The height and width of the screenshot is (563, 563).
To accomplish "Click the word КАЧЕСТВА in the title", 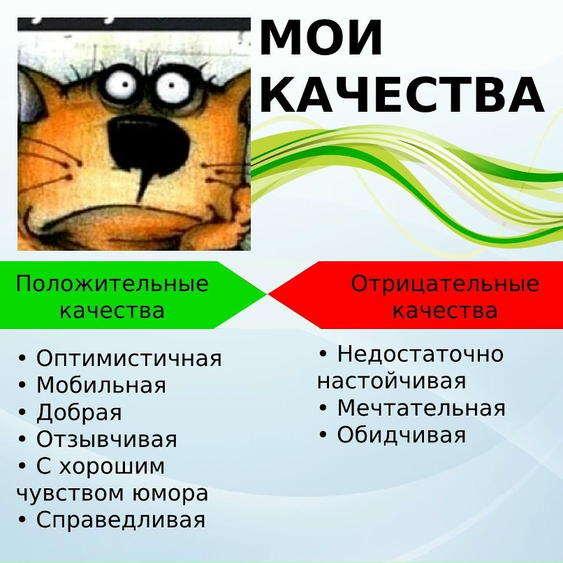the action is point(402,94).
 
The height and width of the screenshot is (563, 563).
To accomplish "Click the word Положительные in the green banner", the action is point(112,284).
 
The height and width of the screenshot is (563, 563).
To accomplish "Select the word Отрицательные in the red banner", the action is point(445,284).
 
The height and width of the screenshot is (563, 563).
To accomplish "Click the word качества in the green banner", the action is point(112,311).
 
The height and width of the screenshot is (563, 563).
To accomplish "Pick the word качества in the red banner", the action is point(445,311).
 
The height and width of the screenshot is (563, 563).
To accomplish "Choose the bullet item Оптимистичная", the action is point(129,358).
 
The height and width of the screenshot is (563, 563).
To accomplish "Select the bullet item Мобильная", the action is point(101,386).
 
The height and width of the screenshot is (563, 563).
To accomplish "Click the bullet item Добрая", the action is point(80,413).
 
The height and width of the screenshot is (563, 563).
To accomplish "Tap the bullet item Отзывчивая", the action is point(107,439).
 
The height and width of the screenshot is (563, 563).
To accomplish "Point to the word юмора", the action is point(170,494).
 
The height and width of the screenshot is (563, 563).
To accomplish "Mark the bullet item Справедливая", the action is point(121,520).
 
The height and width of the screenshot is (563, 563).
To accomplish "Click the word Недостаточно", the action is point(421,354).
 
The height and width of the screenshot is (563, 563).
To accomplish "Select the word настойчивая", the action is point(391,381).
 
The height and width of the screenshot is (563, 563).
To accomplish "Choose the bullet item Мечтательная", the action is point(421,408).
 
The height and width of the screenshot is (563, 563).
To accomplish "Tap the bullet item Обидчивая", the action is point(402,435).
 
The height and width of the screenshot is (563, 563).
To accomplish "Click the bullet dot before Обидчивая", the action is point(323,435).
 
